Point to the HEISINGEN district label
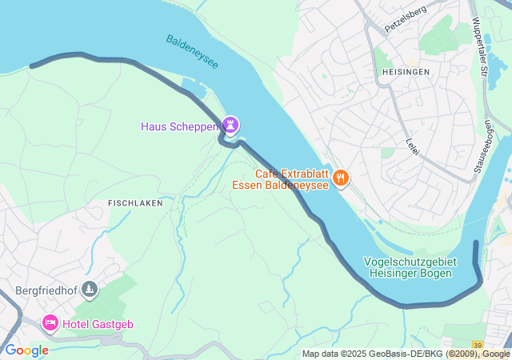(402, 71)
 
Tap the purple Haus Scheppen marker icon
(231, 126)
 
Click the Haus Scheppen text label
(180, 126)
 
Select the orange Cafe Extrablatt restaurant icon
(342, 178)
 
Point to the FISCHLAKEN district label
(135, 203)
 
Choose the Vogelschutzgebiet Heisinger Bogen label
(410, 267)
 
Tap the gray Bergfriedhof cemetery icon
(90, 289)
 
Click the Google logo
(26, 350)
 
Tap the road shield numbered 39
(477, 344)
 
